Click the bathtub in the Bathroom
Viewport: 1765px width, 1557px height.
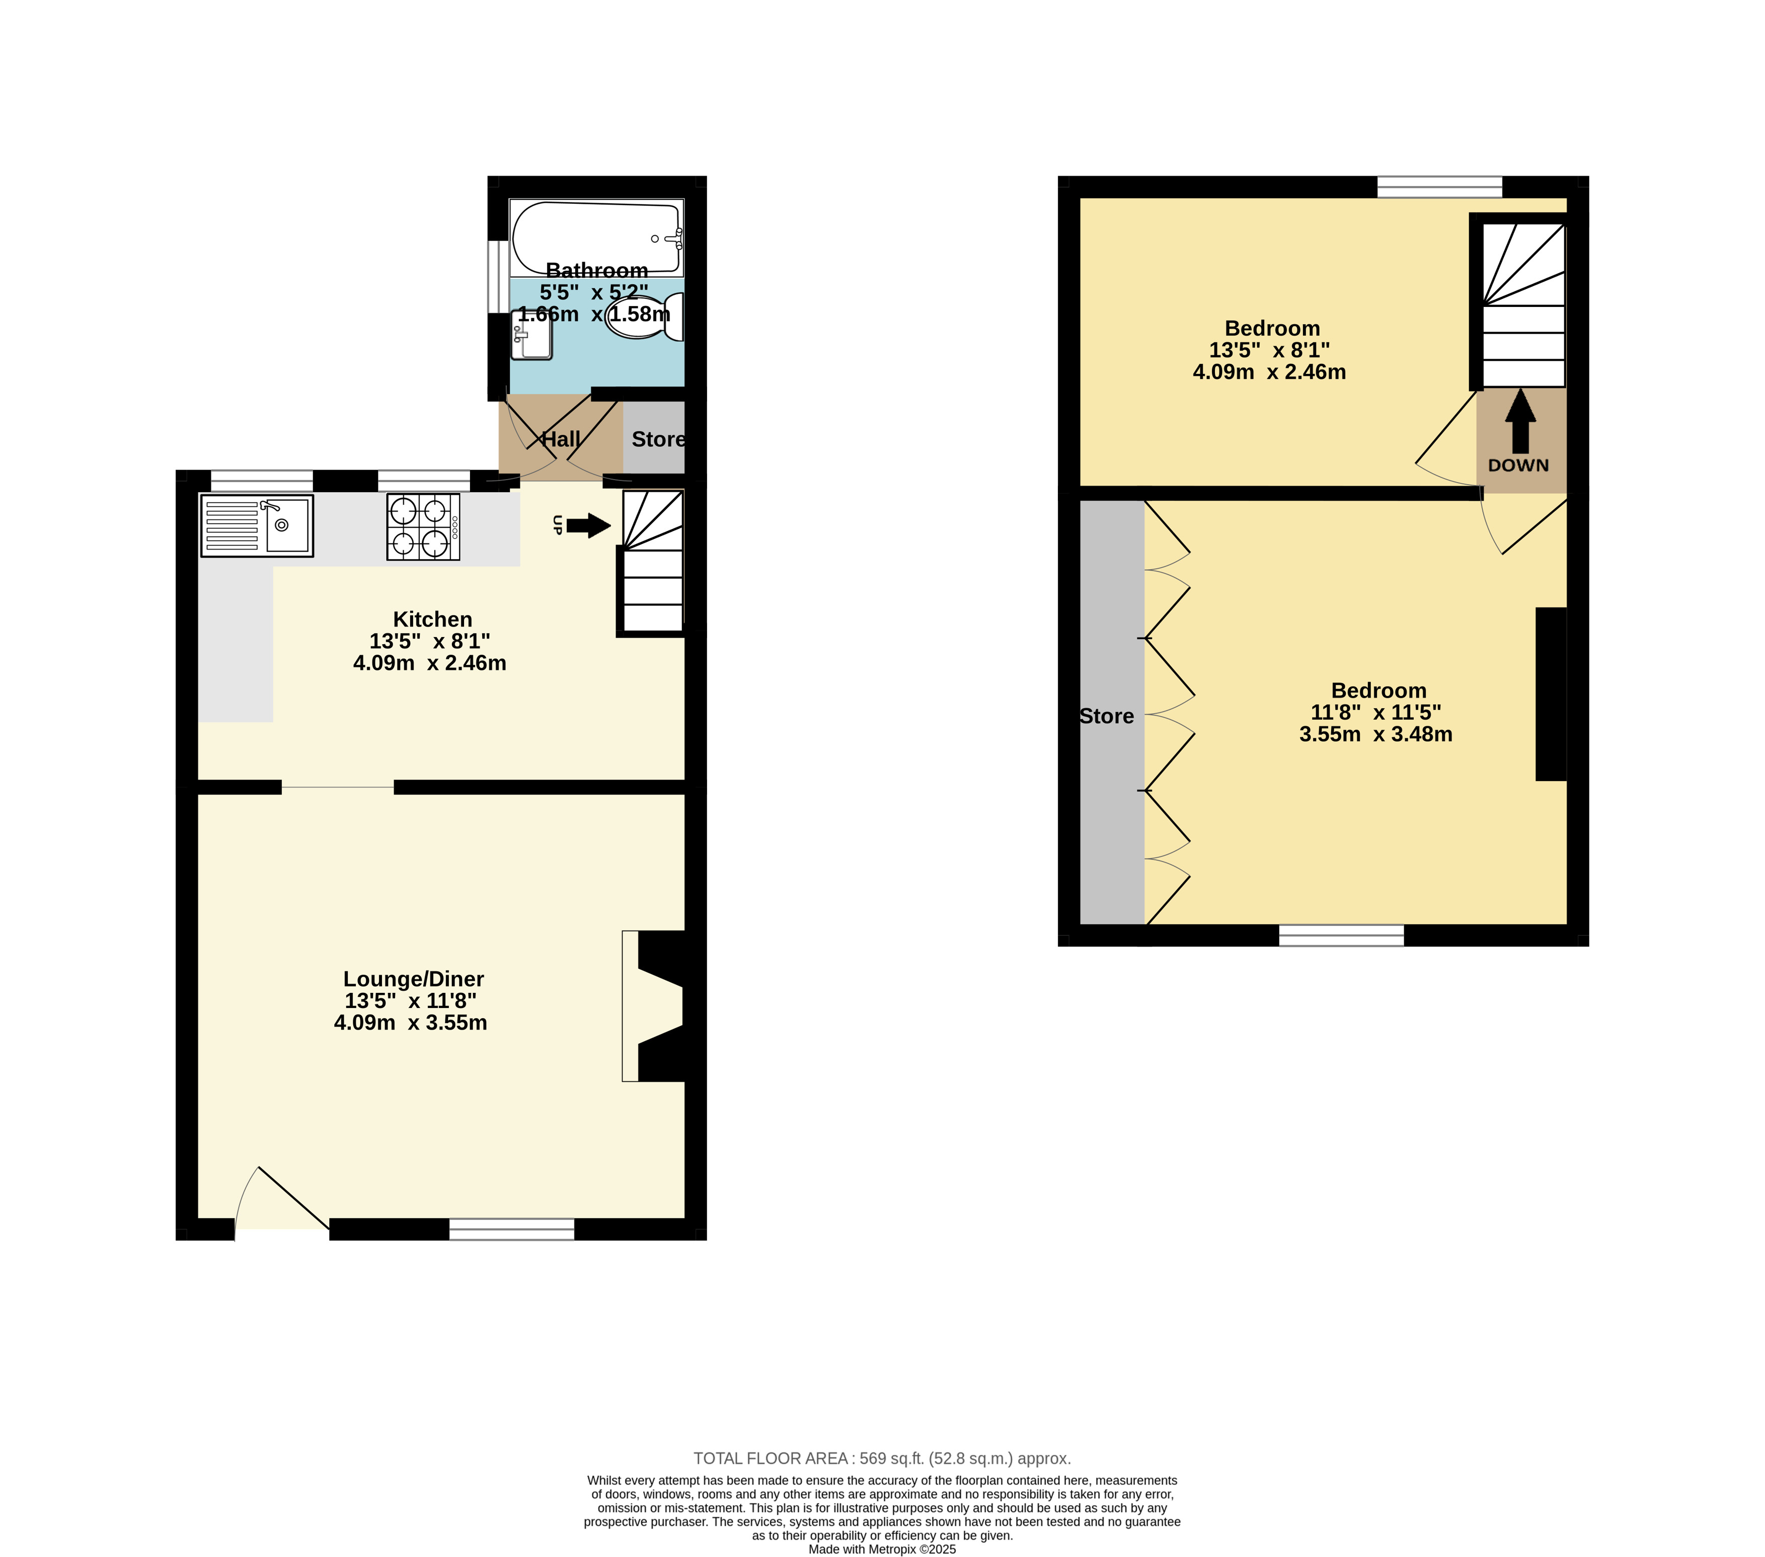coord(597,238)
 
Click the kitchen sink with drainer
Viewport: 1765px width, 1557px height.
coord(257,525)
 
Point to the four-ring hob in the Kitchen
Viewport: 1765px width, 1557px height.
coord(423,527)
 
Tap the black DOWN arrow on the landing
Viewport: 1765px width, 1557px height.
coord(1520,421)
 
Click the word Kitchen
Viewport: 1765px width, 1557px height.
coord(433,619)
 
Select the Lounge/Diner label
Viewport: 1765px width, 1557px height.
coord(414,979)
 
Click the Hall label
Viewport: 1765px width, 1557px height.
coord(561,439)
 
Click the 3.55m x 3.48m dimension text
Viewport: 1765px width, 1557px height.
coord(1375,734)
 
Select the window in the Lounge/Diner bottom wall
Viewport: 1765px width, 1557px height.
coord(512,1230)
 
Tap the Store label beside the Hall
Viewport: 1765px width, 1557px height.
coord(658,439)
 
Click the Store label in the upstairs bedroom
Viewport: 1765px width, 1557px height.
coord(1107,716)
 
